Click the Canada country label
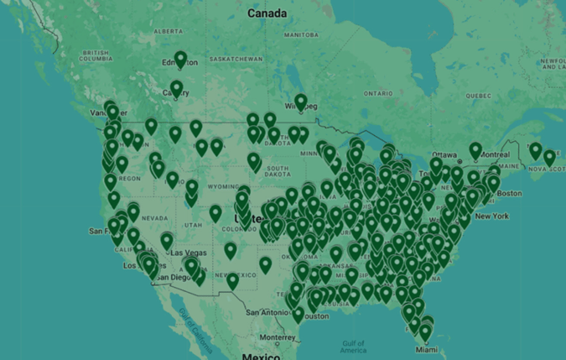pyautogui.click(x=267, y=13)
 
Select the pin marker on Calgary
pyautogui.click(x=176, y=87)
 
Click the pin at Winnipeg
pyautogui.click(x=300, y=102)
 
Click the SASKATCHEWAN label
pyautogui.click(x=232, y=59)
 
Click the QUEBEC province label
pyautogui.click(x=477, y=96)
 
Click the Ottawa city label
pyautogui.click(x=444, y=155)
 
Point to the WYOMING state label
pyautogui.click(x=200, y=186)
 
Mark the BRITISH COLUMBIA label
pyautogui.click(x=96, y=56)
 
